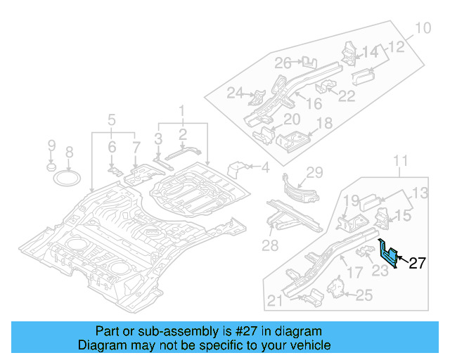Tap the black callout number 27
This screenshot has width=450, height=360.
click(x=418, y=264)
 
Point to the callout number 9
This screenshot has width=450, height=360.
click(x=51, y=146)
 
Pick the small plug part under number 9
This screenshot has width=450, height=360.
click(x=51, y=168)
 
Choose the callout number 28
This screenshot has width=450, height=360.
click(x=270, y=244)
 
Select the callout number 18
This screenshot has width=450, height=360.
click(x=323, y=124)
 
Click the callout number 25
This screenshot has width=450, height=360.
click(x=364, y=296)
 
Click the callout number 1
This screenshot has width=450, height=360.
click(x=181, y=110)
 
